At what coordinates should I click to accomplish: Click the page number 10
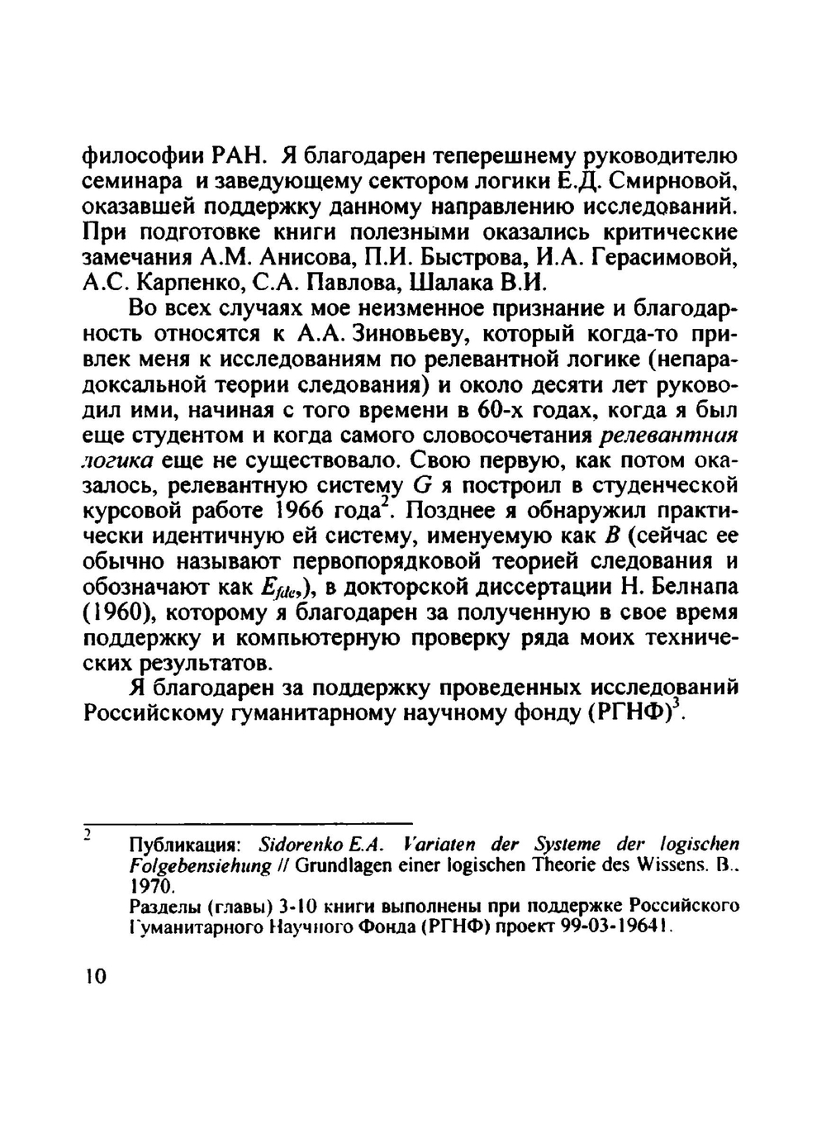click(96, 976)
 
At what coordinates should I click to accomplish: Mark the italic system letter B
click(612, 536)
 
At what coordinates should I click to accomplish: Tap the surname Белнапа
click(691, 588)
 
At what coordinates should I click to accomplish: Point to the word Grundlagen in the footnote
click(336, 865)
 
